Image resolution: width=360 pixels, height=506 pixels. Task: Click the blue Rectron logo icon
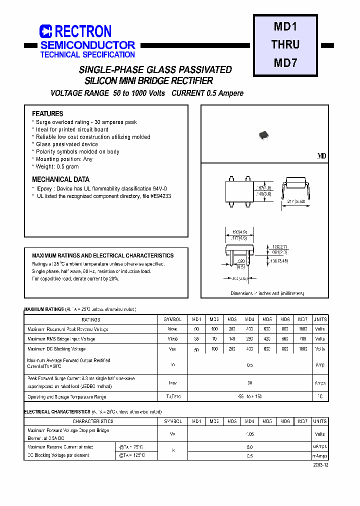pyautogui.click(x=46, y=32)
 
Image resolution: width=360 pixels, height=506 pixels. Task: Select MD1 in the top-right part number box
pyautogui.click(x=285, y=26)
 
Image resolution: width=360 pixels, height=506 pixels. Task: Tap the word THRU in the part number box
pyautogui.click(x=285, y=44)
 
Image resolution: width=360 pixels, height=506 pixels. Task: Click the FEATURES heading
pyautogui.click(x=47, y=113)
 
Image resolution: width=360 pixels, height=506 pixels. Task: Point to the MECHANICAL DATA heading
pyautogui.click(x=60, y=179)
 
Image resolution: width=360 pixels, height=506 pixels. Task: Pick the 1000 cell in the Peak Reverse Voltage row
pyautogui.click(x=303, y=329)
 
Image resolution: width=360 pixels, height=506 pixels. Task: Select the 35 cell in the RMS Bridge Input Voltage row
pyautogui.click(x=196, y=338)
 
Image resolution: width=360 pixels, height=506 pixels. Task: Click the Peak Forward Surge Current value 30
pyautogui.click(x=249, y=382)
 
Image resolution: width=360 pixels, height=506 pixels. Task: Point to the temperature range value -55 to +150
pyautogui.click(x=249, y=396)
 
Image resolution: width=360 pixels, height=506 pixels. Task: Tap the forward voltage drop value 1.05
pyautogui.click(x=249, y=434)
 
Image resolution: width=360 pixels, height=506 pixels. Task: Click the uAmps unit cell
pyautogui.click(x=320, y=446)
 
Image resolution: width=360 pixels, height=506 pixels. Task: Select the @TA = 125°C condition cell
pyautogui.click(x=132, y=455)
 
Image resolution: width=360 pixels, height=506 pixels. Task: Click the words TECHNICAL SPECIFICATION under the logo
pyautogui.click(x=87, y=54)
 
